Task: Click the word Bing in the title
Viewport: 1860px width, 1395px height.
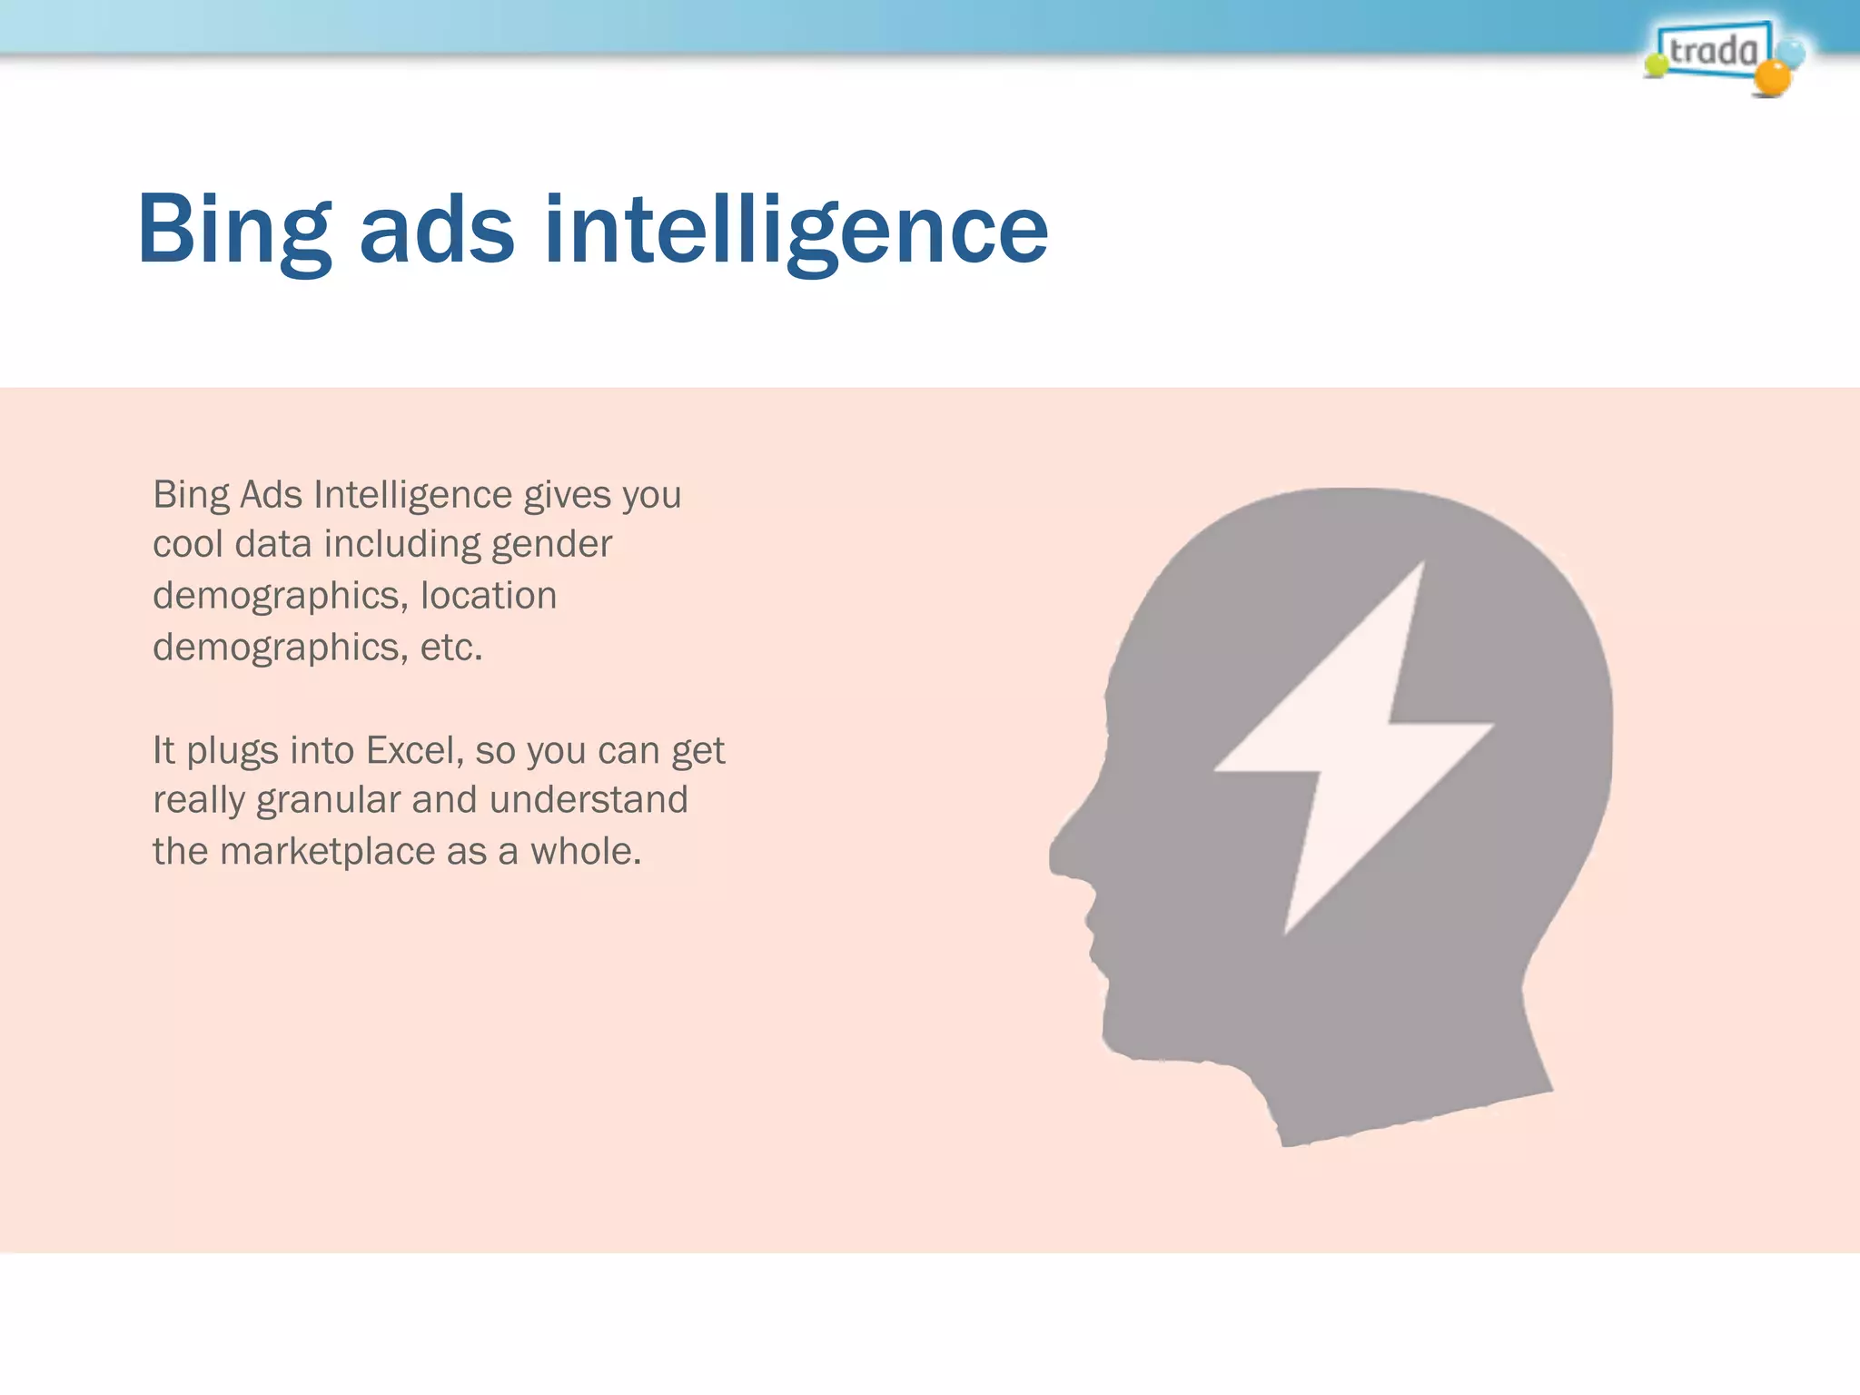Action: (x=234, y=232)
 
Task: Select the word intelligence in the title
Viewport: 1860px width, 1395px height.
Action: (x=796, y=232)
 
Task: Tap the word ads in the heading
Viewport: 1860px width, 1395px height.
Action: (x=437, y=232)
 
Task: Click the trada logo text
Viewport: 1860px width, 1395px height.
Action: (x=1713, y=51)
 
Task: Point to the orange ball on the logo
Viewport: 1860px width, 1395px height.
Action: (x=1771, y=78)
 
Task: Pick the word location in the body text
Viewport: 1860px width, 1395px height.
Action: (x=489, y=597)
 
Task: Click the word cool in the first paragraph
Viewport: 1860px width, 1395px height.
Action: (x=186, y=545)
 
